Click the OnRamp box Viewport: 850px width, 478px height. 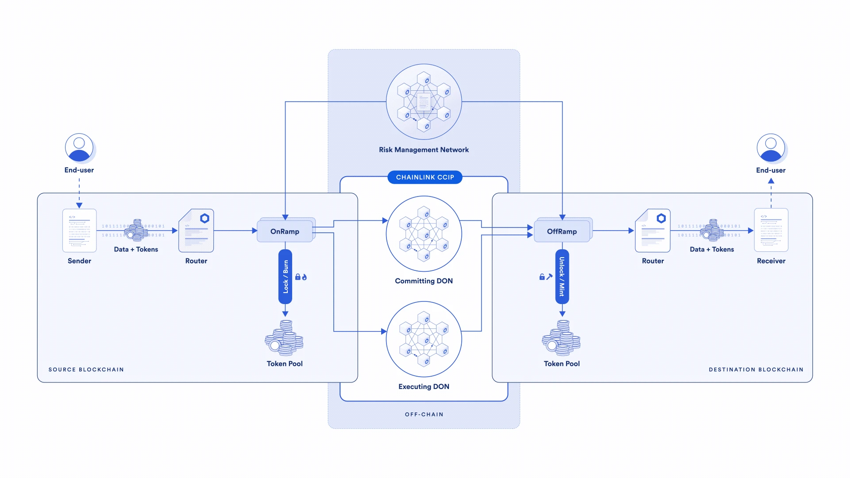pyautogui.click(x=285, y=231)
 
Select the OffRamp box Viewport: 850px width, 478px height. pyautogui.click(x=562, y=231)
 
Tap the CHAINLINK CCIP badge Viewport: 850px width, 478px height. pyautogui.click(x=425, y=177)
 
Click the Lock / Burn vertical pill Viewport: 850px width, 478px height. pyautogui.click(x=285, y=277)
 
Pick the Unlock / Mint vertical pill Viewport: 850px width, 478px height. pyautogui.click(x=562, y=277)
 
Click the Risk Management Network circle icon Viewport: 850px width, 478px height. pyautogui.click(x=424, y=102)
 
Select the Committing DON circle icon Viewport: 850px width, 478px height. pyautogui.click(x=424, y=234)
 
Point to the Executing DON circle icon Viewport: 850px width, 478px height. pyautogui.click(x=424, y=339)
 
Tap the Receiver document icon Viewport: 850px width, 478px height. pyautogui.click(x=771, y=230)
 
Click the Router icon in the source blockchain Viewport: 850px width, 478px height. pyautogui.click(x=196, y=231)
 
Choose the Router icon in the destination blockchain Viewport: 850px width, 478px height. pyautogui.click(x=653, y=231)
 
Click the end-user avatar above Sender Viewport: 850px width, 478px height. pyautogui.click(x=79, y=147)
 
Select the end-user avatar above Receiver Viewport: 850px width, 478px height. pyautogui.click(x=771, y=148)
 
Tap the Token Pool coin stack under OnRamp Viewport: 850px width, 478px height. pyautogui.click(x=284, y=338)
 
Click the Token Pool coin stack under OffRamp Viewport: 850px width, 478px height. pyautogui.click(x=561, y=338)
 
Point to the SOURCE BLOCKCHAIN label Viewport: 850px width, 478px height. pyautogui.click(x=86, y=370)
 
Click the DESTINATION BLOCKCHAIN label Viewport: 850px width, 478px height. pyautogui.click(x=756, y=370)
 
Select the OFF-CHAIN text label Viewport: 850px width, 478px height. pyautogui.click(x=424, y=414)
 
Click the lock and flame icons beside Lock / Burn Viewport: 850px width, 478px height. pyautogui.click(x=301, y=277)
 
